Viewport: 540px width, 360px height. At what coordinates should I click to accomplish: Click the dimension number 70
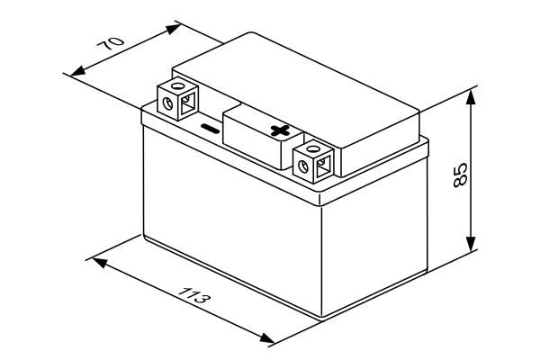point(110,44)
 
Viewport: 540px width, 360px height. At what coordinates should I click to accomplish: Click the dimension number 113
point(194,294)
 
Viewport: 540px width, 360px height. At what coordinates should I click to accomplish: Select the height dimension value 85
point(460,175)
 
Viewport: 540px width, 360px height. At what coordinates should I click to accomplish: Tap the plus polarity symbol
point(280,130)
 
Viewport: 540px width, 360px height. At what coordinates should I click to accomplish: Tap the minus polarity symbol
point(210,129)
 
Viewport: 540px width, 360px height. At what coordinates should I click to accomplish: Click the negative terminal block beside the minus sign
point(177,100)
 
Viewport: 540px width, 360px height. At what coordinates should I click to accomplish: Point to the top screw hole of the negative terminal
point(178,85)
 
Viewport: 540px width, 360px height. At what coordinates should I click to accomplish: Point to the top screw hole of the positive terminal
point(312,148)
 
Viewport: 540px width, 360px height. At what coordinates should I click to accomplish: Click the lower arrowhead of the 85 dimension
point(471,243)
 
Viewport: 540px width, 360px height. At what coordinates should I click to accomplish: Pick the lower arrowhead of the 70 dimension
point(77,71)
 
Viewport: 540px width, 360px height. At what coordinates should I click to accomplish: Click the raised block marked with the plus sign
point(264,137)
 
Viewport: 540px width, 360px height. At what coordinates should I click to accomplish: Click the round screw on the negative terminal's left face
point(167,103)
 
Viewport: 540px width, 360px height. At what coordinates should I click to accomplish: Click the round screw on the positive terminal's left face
point(303,166)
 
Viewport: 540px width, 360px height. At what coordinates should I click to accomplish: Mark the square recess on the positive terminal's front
point(323,166)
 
